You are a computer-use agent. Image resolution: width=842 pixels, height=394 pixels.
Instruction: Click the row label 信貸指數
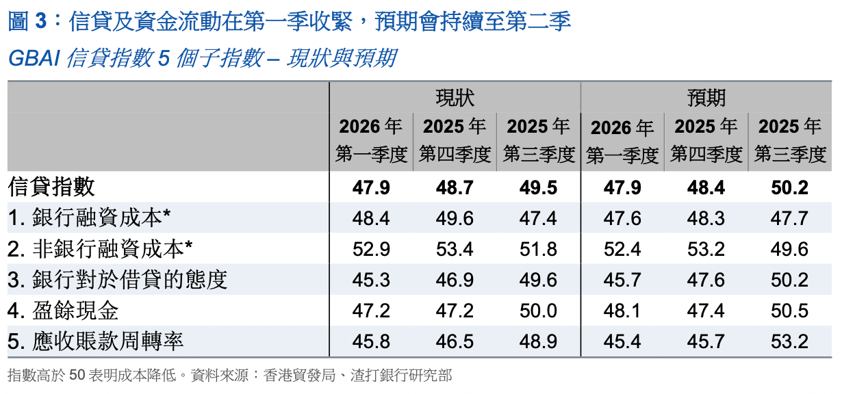pyautogui.click(x=52, y=187)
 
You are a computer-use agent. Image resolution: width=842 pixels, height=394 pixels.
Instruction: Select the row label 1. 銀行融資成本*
pyautogui.click(x=89, y=218)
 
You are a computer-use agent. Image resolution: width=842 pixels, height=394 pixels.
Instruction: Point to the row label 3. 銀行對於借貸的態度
pyautogui.click(x=117, y=280)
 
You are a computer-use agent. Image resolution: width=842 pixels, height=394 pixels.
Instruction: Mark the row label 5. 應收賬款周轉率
pyautogui.click(x=96, y=341)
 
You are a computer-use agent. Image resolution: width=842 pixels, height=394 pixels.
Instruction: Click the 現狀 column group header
pyautogui.click(x=455, y=97)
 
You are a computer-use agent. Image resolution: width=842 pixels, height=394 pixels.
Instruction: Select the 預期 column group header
pyautogui.click(x=706, y=97)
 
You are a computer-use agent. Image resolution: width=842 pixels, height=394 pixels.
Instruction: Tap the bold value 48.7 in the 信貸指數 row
pyautogui.click(x=455, y=187)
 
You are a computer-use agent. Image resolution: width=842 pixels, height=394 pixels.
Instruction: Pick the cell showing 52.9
pyautogui.click(x=371, y=250)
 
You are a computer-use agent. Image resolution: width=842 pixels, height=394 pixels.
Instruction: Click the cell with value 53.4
pyautogui.click(x=455, y=250)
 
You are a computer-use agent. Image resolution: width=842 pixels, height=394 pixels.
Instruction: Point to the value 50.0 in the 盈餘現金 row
pyautogui.click(x=539, y=311)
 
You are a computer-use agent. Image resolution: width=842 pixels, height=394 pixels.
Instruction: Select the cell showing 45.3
pyautogui.click(x=371, y=280)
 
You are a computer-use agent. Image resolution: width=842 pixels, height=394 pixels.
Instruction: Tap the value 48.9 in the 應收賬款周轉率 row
pyautogui.click(x=539, y=342)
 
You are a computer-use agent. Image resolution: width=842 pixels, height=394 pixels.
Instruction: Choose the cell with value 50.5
pyautogui.click(x=789, y=311)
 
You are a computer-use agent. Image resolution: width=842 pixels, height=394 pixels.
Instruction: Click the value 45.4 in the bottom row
pyautogui.click(x=622, y=342)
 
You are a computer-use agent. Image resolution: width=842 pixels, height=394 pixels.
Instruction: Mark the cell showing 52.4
pyautogui.click(x=622, y=250)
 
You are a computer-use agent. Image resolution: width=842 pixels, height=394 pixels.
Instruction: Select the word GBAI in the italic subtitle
pyautogui.click(x=34, y=58)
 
